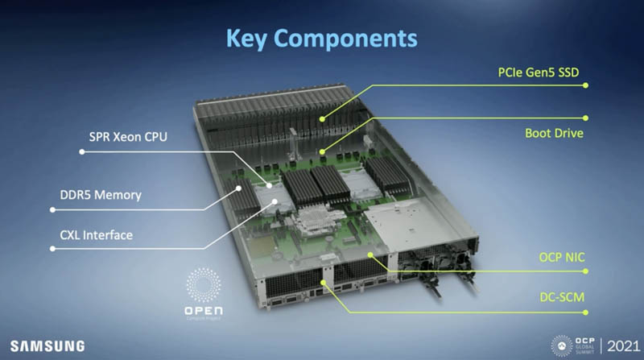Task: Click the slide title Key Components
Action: (321, 38)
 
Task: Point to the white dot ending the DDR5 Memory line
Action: (53, 209)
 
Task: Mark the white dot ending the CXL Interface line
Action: (53, 250)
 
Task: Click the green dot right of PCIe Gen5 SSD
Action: (585, 89)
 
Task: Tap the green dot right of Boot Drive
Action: (585, 118)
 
